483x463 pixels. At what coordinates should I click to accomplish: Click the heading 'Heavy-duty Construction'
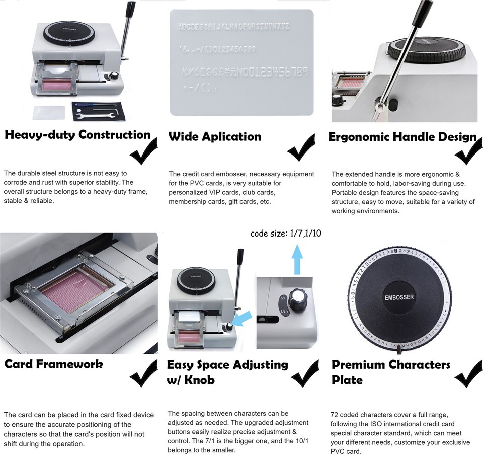coord(77,135)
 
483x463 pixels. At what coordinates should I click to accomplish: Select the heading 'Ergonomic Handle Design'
coord(402,137)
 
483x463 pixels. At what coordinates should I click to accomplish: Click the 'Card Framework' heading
coord(53,364)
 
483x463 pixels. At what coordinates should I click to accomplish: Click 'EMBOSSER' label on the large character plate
coord(399,297)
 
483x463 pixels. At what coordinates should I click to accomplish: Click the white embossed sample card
coord(242,62)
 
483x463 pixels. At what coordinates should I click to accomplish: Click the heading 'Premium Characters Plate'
coord(390,371)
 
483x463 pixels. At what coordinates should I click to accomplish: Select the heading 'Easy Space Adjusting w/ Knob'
coord(227,371)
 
